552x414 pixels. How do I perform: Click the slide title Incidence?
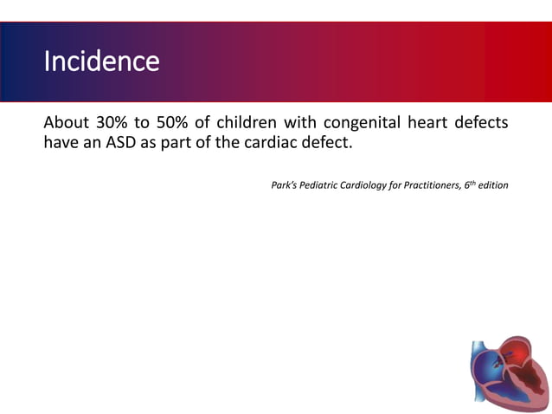click(101, 61)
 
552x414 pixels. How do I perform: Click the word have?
click(61, 143)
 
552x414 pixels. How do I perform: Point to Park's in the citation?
click(286, 185)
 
